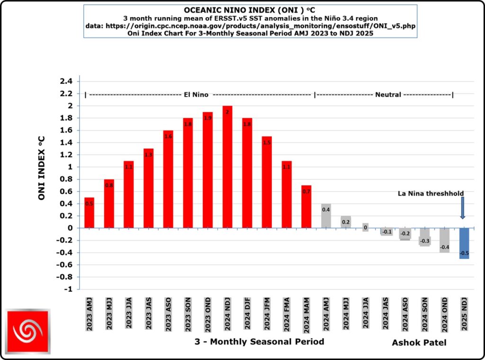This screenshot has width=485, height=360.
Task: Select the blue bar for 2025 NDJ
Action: coord(464,243)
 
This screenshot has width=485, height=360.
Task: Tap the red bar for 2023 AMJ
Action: coord(89,212)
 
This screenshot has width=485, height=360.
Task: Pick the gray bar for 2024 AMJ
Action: coord(326,216)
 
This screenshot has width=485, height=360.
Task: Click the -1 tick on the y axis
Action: coord(69,289)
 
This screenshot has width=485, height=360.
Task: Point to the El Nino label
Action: coord(196,95)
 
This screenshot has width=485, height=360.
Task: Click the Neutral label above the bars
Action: coord(388,95)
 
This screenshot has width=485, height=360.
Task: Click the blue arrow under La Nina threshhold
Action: coord(462,208)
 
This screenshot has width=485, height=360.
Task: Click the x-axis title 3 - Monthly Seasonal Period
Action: coord(259,342)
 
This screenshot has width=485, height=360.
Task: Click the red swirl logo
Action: coord(27,332)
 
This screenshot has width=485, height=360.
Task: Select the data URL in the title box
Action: coord(251,27)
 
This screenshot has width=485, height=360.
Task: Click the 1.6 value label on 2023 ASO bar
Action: coord(168,136)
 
